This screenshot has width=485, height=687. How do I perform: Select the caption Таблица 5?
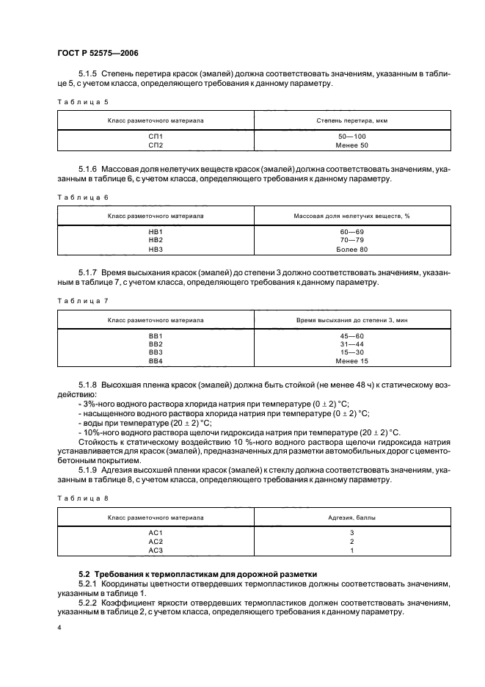[82, 101]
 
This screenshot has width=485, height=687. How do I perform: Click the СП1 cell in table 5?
[156, 137]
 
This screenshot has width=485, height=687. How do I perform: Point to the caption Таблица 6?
[82, 197]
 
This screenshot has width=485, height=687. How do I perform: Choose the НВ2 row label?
[156, 240]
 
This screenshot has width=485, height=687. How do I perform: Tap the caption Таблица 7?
[82, 301]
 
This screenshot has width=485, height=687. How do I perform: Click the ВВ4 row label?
[156, 360]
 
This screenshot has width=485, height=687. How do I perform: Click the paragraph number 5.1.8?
[87, 384]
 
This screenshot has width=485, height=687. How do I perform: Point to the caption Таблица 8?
[82, 499]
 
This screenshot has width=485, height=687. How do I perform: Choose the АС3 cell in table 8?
[156, 550]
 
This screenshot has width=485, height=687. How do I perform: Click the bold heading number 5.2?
[84, 572]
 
